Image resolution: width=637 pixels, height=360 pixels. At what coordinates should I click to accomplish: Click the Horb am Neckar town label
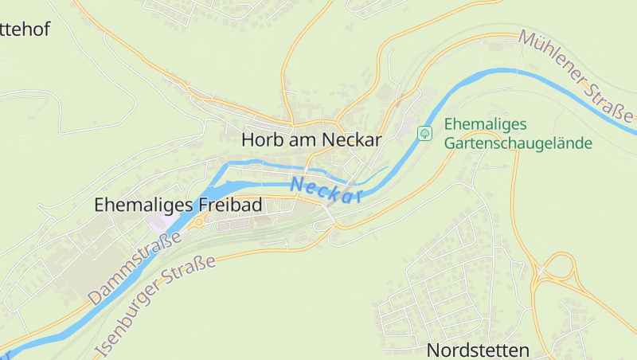[311, 139]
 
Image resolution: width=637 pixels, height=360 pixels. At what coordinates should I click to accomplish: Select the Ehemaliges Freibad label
[178, 205]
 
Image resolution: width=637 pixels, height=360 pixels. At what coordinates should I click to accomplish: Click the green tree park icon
[425, 132]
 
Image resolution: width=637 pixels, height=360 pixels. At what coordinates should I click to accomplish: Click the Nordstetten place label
[478, 350]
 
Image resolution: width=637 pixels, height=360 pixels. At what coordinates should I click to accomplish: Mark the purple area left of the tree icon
[408, 130]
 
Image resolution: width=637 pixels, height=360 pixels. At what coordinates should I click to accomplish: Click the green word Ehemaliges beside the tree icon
[486, 125]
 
